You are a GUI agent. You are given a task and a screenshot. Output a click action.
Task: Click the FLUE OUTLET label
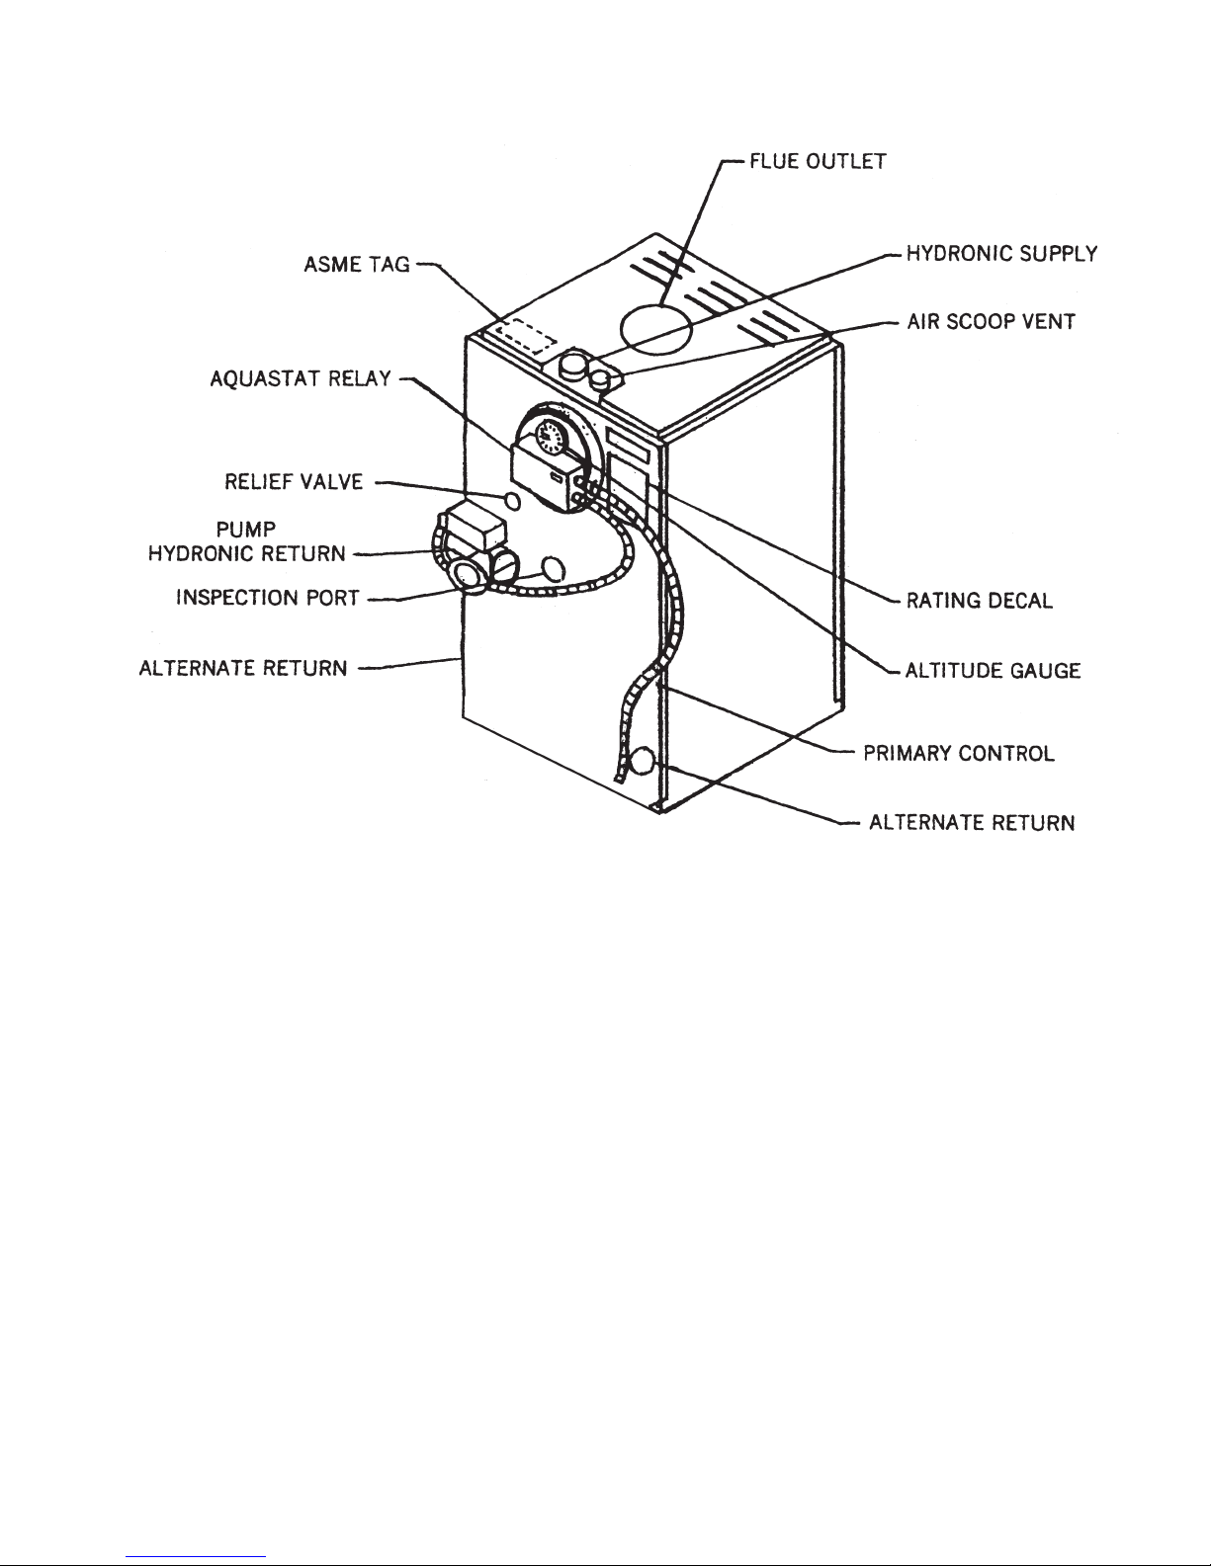tap(818, 161)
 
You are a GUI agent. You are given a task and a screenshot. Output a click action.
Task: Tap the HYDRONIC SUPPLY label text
tap(1002, 254)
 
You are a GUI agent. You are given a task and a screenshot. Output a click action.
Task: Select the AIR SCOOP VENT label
tap(992, 321)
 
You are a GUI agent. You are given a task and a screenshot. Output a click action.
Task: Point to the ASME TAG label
tap(357, 265)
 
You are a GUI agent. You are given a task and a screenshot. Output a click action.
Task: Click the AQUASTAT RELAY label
tap(301, 378)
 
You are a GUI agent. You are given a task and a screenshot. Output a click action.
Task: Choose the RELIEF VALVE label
tap(295, 481)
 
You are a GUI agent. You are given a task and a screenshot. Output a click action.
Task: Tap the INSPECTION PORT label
tap(268, 598)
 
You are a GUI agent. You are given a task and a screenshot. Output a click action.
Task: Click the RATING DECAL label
tap(979, 601)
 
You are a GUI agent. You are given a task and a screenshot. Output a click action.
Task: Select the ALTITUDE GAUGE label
tap(993, 670)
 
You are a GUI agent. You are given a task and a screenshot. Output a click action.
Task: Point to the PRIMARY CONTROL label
tap(959, 753)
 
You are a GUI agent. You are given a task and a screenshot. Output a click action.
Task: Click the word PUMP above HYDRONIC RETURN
tap(246, 530)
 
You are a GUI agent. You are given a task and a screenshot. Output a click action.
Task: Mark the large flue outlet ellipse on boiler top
tap(656, 328)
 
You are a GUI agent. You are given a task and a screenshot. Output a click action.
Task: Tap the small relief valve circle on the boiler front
tap(512, 500)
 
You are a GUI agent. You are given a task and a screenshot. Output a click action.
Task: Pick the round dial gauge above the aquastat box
tap(553, 439)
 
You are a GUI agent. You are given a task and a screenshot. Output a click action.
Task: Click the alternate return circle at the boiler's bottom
tap(642, 761)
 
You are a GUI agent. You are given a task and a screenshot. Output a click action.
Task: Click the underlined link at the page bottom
tap(196, 1554)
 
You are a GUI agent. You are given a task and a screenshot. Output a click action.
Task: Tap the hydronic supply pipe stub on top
tap(573, 363)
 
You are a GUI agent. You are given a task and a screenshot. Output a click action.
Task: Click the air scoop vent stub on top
tap(601, 379)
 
